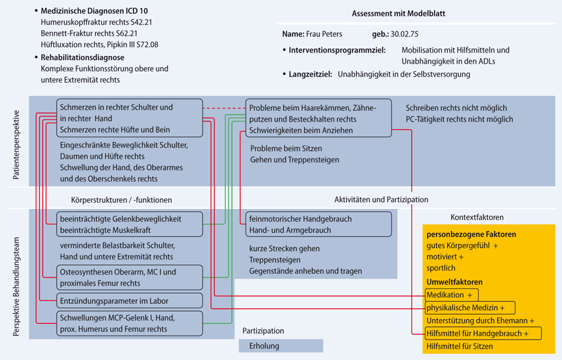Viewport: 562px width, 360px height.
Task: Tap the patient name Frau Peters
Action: point(325,34)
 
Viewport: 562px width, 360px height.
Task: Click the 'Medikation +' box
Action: point(449,295)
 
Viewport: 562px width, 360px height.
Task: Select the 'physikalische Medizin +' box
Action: point(469,308)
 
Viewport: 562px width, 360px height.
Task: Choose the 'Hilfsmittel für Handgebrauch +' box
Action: point(481,333)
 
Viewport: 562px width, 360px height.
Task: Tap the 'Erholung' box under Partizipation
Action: point(265,346)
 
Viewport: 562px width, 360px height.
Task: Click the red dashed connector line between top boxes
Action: point(224,107)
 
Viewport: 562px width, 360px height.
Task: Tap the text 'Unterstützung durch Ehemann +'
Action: point(480,320)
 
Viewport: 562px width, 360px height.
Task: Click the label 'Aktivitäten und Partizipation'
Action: point(381,199)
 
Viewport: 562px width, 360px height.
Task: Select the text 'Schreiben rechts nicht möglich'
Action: point(456,108)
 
